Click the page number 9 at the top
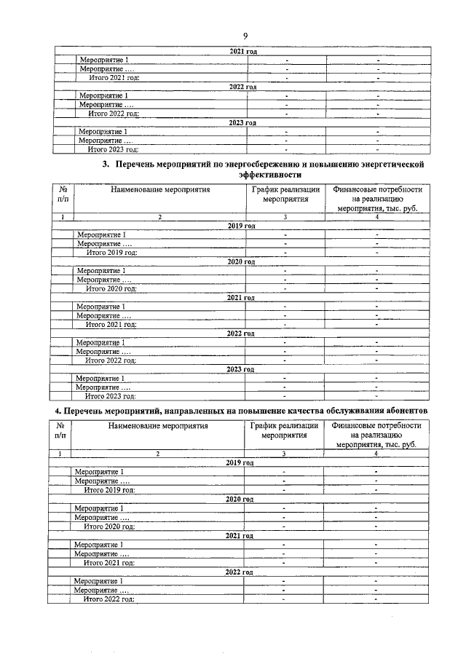(x=245, y=35)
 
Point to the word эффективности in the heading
(x=269, y=175)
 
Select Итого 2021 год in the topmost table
(x=113, y=77)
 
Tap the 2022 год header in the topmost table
(x=242, y=87)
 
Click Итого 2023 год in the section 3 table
(x=111, y=397)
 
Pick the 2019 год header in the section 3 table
(x=241, y=226)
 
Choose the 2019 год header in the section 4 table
(x=240, y=463)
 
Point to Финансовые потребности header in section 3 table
(x=376, y=189)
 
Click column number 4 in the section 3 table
(x=376, y=217)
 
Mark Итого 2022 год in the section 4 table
(x=109, y=599)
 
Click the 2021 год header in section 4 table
(x=240, y=535)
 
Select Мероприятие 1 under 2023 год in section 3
(x=100, y=379)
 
